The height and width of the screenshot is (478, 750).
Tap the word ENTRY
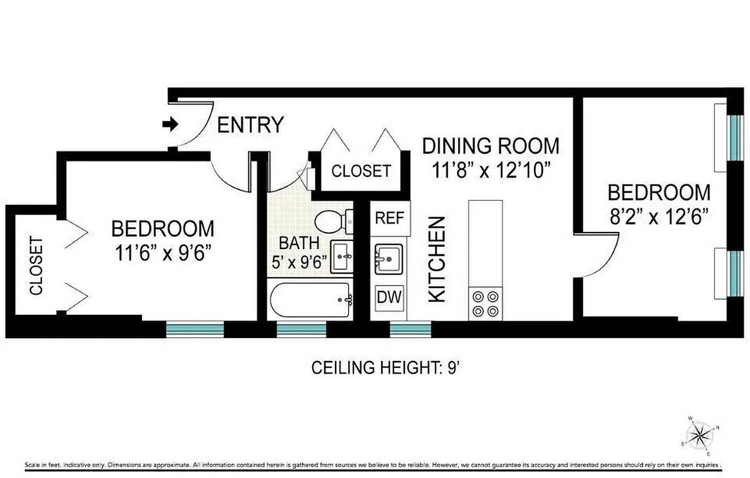pos(250,125)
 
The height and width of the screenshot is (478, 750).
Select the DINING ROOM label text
pos(491,146)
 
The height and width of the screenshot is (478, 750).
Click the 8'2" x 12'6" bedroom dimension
pos(659,216)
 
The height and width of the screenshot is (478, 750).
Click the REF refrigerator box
pos(390,218)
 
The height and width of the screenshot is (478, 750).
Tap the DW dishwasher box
pos(389,297)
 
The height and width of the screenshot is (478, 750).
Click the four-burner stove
pos(485,304)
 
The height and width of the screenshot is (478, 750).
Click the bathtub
pos(311,301)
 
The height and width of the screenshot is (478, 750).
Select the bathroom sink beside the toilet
pos(342,258)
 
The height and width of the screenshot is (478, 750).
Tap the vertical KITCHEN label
pos(438,259)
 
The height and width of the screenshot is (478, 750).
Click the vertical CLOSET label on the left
pos(36,266)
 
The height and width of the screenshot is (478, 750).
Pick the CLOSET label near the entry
pos(361,171)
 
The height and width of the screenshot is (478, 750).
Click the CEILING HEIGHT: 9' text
pos(384,367)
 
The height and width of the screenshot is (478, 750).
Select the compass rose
pos(698,434)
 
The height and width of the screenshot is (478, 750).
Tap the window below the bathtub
pos(302,329)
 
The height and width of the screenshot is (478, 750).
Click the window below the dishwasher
pos(410,329)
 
